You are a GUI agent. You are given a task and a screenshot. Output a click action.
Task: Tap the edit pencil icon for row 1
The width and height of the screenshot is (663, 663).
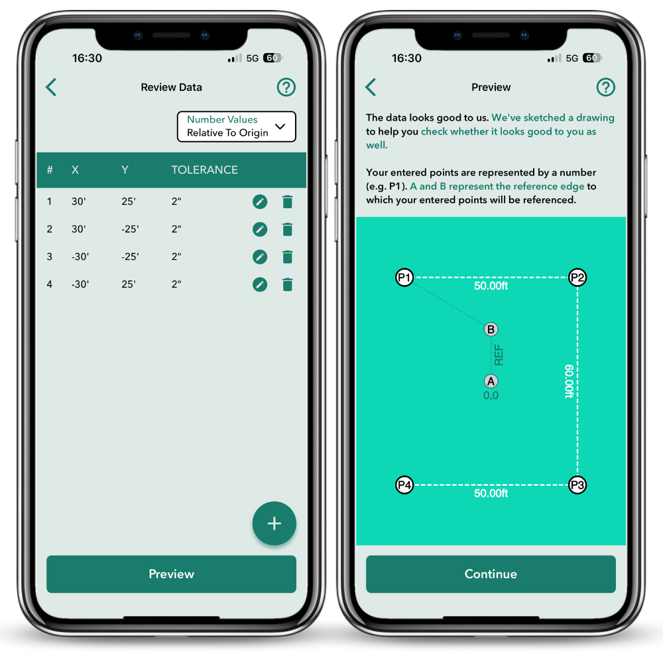point(260,202)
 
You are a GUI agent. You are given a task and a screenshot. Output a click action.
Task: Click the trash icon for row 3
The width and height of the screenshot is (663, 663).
point(288,257)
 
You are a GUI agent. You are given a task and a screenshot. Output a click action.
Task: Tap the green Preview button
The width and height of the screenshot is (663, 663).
point(171,573)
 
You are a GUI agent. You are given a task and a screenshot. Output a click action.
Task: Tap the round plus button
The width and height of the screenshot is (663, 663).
point(274,523)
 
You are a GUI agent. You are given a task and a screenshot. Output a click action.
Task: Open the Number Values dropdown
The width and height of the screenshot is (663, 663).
point(237,127)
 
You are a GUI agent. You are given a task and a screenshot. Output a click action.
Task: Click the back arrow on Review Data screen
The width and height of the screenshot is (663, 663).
point(51,87)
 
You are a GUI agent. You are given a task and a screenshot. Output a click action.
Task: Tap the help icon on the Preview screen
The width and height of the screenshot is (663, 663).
point(605,87)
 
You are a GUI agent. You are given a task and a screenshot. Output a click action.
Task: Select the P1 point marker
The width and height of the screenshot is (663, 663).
point(404,277)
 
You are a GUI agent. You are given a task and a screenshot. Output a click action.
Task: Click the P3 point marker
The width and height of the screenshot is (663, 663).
point(577,485)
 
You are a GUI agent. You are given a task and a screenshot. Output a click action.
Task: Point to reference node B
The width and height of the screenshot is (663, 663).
point(491,329)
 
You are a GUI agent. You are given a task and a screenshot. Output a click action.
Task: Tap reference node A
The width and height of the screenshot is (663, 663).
point(491,381)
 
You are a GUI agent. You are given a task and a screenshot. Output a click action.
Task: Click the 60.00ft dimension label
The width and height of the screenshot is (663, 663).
point(569,381)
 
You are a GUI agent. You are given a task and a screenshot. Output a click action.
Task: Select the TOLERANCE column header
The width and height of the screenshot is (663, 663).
point(205,170)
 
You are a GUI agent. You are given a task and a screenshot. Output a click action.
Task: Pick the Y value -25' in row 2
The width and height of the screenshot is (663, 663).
point(130,229)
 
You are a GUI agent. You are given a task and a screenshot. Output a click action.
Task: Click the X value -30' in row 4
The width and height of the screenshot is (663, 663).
point(80,284)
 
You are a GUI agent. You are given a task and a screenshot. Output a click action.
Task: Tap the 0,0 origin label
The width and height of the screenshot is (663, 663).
point(491,395)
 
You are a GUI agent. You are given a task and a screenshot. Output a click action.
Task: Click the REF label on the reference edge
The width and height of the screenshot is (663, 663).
point(499,355)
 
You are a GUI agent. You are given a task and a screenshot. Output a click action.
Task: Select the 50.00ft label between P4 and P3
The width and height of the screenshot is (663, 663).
point(491,493)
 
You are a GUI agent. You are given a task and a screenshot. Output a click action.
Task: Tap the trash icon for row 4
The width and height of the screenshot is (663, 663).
point(288,284)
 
